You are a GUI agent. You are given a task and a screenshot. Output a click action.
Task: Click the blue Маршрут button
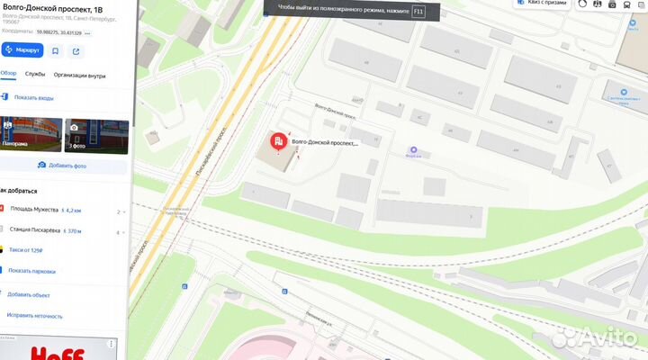(x=22, y=50)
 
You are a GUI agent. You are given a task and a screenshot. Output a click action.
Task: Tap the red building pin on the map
(x=279, y=141)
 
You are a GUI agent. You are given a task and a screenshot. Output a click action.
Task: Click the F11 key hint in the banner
(x=418, y=9)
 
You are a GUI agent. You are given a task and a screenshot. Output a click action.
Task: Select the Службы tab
(x=35, y=76)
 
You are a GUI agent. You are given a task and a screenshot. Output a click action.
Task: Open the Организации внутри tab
(x=79, y=76)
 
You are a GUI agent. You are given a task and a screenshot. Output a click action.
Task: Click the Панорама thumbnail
(x=31, y=135)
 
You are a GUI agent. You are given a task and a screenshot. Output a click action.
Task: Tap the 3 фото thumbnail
(x=96, y=135)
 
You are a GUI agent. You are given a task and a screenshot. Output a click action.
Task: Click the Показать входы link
(x=33, y=97)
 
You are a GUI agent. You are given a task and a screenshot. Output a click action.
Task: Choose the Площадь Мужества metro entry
(x=36, y=210)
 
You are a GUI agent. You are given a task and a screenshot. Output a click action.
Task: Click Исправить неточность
(x=34, y=316)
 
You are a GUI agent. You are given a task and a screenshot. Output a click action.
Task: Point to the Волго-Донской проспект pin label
(x=325, y=143)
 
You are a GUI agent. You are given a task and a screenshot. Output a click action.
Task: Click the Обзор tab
(x=9, y=76)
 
